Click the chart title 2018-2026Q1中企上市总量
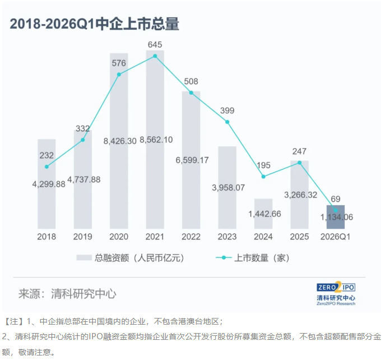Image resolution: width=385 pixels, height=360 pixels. [x=94, y=24]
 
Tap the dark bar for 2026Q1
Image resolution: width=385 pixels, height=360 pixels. [x=336, y=216]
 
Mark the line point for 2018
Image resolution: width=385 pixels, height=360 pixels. [x=47, y=167]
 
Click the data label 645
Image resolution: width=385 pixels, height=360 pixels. [x=155, y=44]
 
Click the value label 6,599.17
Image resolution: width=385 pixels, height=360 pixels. [x=192, y=160]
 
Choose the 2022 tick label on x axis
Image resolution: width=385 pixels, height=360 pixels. [x=191, y=237]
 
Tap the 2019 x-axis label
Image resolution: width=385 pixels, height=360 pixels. [x=82, y=237]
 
